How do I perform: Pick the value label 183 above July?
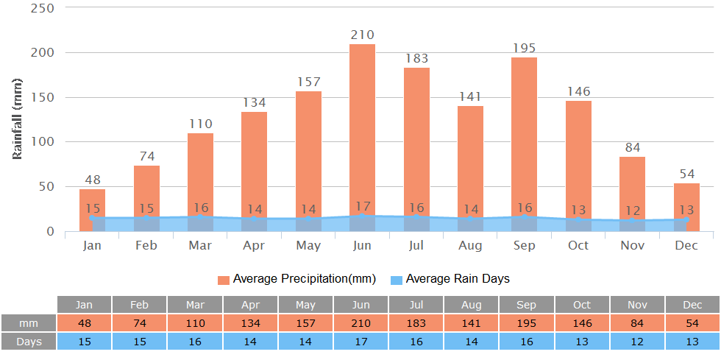click(x=416, y=58)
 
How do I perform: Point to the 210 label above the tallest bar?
click(x=362, y=35)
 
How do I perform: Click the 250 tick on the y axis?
click(x=42, y=8)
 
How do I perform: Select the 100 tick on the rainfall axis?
click(x=42, y=142)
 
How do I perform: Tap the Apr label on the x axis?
click(x=254, y=245)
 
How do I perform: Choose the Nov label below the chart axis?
click(x=632, y=245)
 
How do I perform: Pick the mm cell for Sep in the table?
click(x=526, y=323)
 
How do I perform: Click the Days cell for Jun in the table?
click(x=360, y=342)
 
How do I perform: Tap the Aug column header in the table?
click(x=471, y=305)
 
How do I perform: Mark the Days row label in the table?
click(x=29, y=342)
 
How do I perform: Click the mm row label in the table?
click(x=29, y=323)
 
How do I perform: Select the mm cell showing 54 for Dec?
click(x=692, y=323)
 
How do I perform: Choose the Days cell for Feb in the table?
click(x=139, y=342)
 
